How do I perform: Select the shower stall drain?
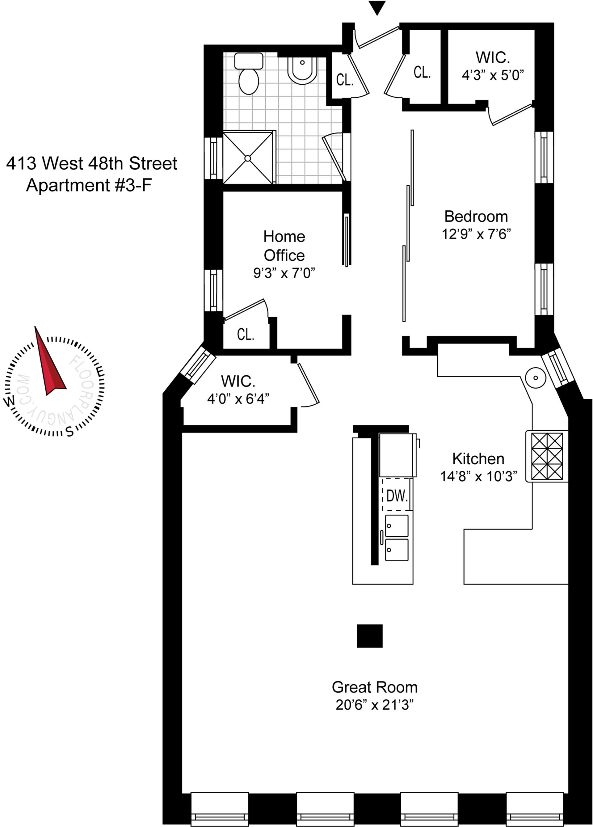247,158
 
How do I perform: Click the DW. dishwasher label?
397,496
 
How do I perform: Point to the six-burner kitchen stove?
547,456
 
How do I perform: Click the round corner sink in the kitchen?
536,378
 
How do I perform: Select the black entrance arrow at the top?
377,8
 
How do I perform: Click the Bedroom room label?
476,217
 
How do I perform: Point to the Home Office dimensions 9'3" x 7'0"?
284,273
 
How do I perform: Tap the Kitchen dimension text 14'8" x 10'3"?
478,476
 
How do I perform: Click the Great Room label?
375,687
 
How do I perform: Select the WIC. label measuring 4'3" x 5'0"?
493,57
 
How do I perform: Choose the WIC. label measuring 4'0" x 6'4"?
238,382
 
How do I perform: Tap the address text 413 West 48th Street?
91,163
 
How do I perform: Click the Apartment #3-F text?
89,185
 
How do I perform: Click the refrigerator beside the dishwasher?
397,455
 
